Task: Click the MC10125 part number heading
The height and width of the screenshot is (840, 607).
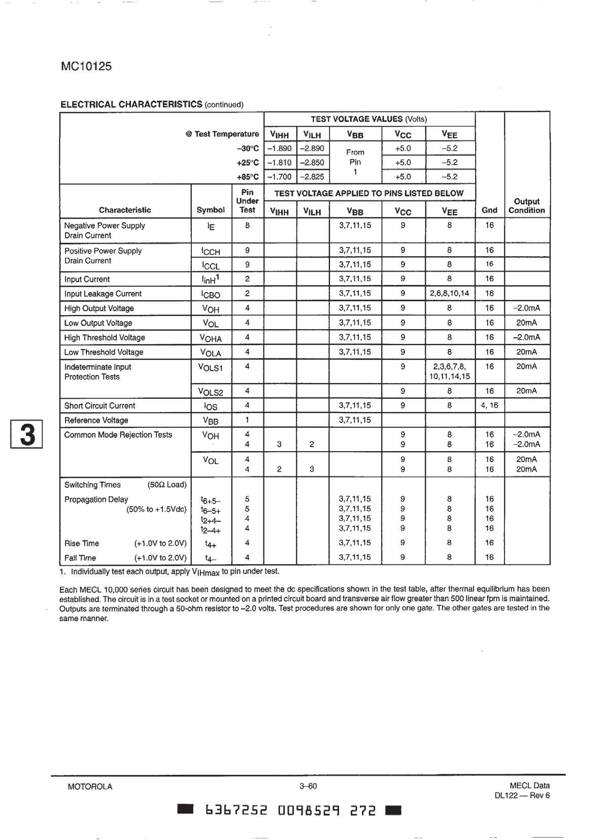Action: click(x=85, y=67)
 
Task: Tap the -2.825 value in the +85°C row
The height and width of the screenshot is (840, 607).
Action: click(x=313, y=177)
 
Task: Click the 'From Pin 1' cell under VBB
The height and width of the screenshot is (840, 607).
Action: click(x=355, y=162)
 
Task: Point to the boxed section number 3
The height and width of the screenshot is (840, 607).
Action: click(x=27, y=434)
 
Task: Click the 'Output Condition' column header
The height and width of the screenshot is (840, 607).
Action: click(x=526, y=206)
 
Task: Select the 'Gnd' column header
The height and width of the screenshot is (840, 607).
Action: click(x=489, y=210)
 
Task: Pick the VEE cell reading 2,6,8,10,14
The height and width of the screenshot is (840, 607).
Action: click(x=450, y=293)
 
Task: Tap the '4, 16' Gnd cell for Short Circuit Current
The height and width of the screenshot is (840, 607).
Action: click(x=489, y=406)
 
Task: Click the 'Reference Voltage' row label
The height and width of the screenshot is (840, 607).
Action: click(x=96, y=420)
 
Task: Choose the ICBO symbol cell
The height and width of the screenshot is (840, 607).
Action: click(x=211, y=294)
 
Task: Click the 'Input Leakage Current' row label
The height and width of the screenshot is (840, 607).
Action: click(x=103, y=294)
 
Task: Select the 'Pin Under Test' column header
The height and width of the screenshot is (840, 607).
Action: click(x=247, y=201)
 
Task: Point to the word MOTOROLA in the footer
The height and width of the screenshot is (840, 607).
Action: click(x=90, y=787)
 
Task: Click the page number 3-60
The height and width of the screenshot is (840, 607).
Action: click(x=308, y=787)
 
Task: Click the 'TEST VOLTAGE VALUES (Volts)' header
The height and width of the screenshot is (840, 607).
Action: click(x=369, y=119)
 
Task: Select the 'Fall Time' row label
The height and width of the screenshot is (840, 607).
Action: click(x=80, y=557)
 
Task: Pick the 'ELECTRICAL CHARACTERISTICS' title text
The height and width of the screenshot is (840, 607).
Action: click(x=131, y=104)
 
